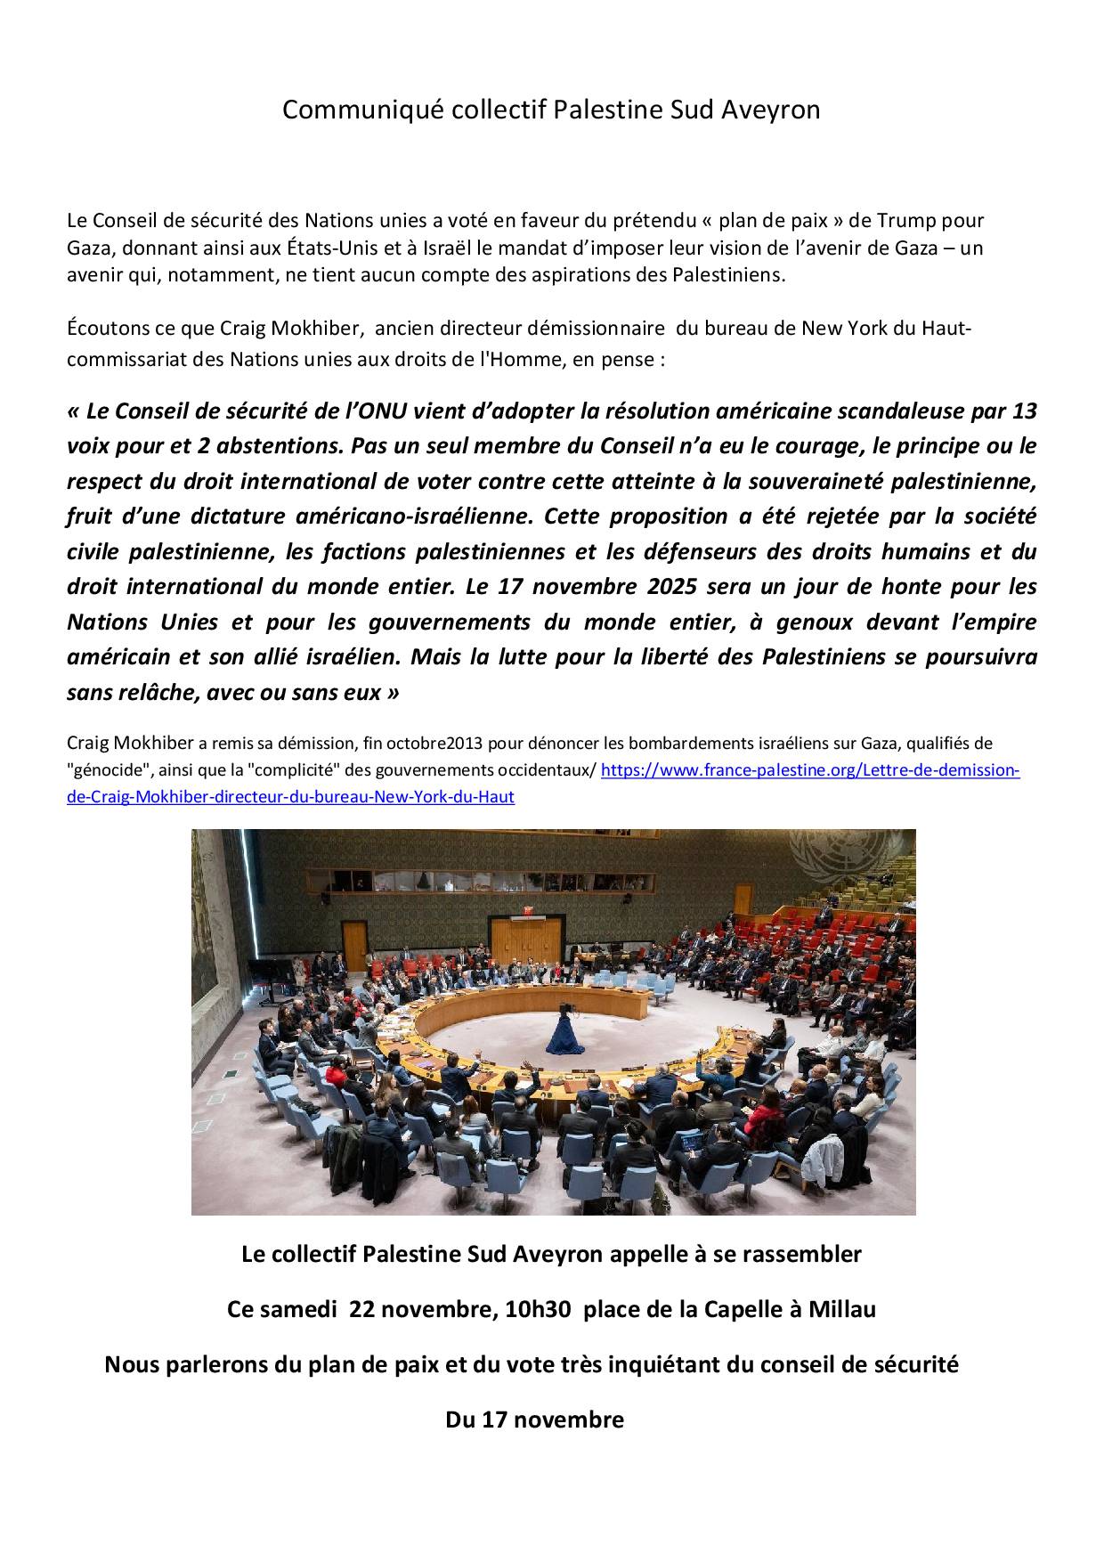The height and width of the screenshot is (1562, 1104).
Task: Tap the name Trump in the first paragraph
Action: click(x=906, y=220)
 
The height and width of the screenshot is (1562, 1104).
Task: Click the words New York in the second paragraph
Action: click(x=844, y=328)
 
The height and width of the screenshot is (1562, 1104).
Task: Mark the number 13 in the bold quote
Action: click(x=1025, y=411)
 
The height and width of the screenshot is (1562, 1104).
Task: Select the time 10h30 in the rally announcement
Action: click(x=539, y=1309)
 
